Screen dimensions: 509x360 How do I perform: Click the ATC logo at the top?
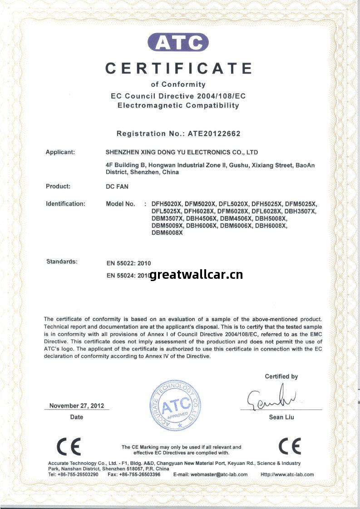178,43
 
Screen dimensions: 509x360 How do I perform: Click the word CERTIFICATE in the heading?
178,68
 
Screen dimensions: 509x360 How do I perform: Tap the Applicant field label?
60,152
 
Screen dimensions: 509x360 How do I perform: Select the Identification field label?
65,204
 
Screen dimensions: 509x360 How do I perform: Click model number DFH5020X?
167,204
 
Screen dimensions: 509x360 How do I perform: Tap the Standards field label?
62,262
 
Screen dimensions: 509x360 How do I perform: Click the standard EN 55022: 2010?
128,263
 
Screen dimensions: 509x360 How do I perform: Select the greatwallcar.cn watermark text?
196,274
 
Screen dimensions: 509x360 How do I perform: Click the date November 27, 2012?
76,405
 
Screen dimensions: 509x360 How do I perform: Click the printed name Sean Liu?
281,417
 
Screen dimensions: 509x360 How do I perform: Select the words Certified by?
281,376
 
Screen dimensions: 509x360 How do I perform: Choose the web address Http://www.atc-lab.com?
287,474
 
